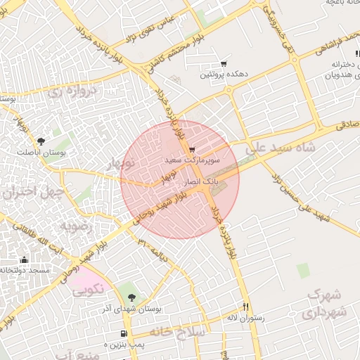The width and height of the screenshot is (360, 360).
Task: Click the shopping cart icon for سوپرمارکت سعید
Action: [192, 149]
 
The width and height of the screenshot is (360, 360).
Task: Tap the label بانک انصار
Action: [202, 182]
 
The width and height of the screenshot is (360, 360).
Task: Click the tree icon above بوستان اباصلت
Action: [40, 141]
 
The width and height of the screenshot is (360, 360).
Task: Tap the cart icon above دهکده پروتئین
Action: [224, 63]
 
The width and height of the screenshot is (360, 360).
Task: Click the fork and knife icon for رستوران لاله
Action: [245, 307]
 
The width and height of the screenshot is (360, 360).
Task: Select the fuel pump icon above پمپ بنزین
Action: [124, 334]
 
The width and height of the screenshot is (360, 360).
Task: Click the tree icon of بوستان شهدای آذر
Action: [132, 298]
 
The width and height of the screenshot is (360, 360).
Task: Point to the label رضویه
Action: [75, 226]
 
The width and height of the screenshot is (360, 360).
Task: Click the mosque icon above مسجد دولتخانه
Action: [25, 259]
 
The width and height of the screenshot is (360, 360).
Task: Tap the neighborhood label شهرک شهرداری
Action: [324, 303]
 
